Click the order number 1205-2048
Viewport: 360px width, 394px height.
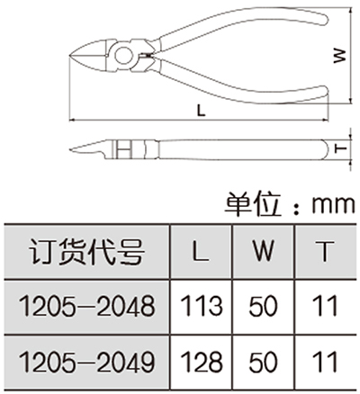coord(86,307)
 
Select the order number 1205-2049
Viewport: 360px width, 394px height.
coord(86,361)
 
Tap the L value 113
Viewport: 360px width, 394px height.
coord(202,306)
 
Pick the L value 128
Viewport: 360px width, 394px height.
coord(202,361)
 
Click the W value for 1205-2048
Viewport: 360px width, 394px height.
coord(263,306)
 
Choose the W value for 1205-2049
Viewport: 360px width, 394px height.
coord(263,361)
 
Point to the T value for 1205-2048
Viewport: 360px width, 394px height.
coord(325,306)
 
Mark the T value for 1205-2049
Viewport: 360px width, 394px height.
coord(325,361)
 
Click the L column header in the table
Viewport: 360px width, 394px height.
coord(201,251)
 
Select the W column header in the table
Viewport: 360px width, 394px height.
coord(263,251)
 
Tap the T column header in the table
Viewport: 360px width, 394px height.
coord(325,251)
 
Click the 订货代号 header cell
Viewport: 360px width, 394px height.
coord(86,251)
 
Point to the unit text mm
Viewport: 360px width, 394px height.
coord(333,205)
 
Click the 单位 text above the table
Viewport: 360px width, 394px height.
coord(253,204)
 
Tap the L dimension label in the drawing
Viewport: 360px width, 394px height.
coord(202,111)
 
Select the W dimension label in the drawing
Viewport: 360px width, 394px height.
coord(340,56)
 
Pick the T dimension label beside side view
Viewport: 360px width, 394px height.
coord(340,148)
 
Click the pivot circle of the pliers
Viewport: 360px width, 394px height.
coord(124,56)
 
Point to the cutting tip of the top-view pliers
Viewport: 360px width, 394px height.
coord(70,56)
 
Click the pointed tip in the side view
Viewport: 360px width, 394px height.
coord(70,149)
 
